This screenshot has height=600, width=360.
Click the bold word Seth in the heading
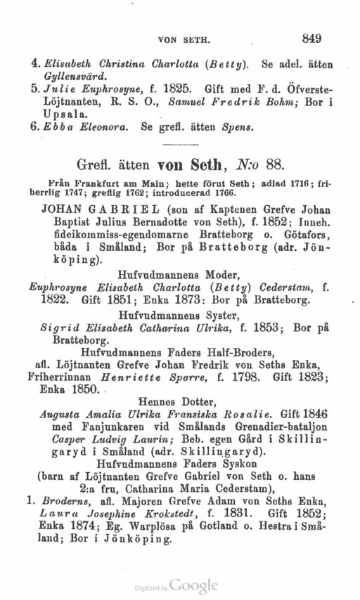(x=214, y=164)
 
